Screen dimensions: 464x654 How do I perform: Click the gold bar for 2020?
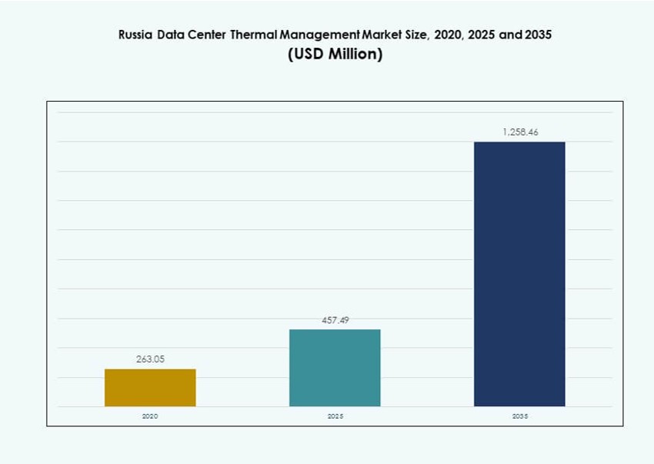(150, 387)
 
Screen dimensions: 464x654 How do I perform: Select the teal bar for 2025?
(335, 368)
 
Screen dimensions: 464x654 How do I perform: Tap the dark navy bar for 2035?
(519, 274)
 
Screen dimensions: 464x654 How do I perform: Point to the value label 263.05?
(150, 359)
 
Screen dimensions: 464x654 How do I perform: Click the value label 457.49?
(335, 320)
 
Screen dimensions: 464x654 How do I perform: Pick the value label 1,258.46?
(520, 132)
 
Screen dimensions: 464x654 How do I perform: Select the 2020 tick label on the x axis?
(150, 416)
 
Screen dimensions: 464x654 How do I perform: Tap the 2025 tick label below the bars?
(335, 416)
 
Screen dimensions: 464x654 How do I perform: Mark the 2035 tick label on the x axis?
(520, 416)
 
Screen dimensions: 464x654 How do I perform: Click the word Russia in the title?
(135, 35)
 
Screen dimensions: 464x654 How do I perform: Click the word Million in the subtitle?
(352, 55)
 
